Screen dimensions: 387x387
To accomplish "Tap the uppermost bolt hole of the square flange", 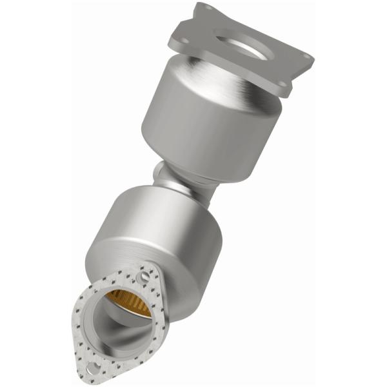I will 207,9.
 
